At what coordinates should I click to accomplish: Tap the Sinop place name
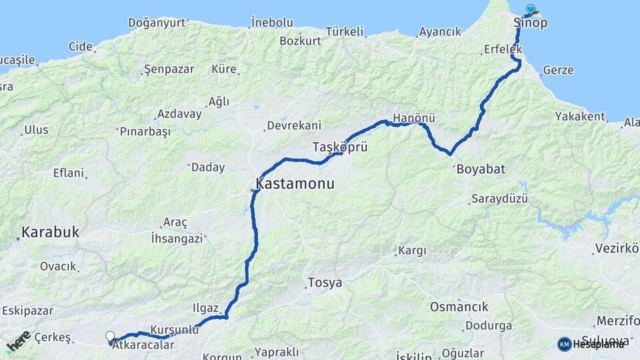[531, 23]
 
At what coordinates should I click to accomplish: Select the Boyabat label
[481, 169]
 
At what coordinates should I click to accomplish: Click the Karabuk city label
[50, 233]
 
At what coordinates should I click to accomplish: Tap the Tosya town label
[325, 283]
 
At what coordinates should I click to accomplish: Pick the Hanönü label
[414, 118]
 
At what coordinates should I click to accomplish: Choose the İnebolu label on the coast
[271, 22]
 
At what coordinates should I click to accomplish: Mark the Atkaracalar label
[139, 345]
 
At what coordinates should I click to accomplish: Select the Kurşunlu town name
[175, 330]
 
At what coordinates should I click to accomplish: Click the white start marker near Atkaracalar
[110, 337]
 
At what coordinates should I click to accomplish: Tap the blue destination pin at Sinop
[531, 9]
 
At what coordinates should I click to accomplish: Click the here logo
[18, 341]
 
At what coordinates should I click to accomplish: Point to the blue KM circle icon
[564, 344]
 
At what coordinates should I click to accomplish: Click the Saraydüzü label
[499, 199]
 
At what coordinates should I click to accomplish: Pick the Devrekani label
[294, 125]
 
